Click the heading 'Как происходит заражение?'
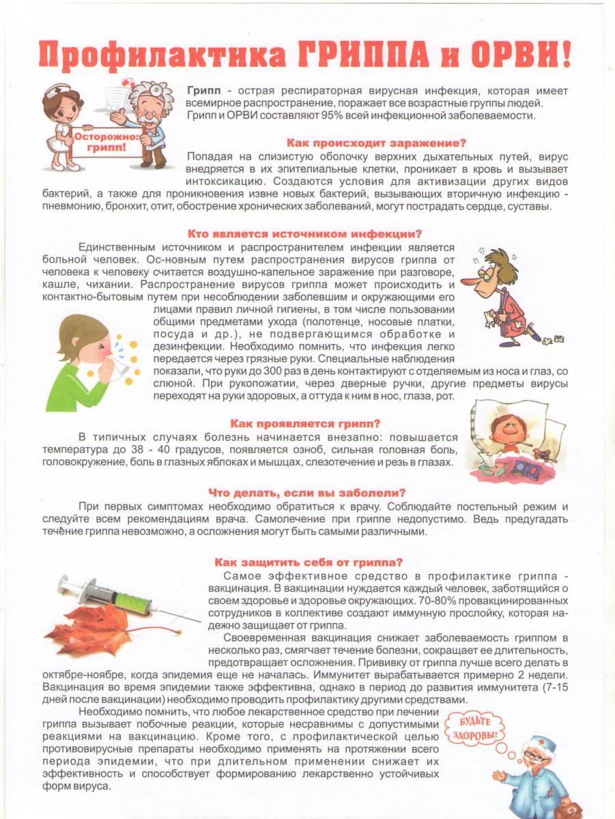[x=376, y=143]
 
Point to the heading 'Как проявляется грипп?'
[x=305, y=423]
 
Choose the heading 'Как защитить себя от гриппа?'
[x=309, y=562]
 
